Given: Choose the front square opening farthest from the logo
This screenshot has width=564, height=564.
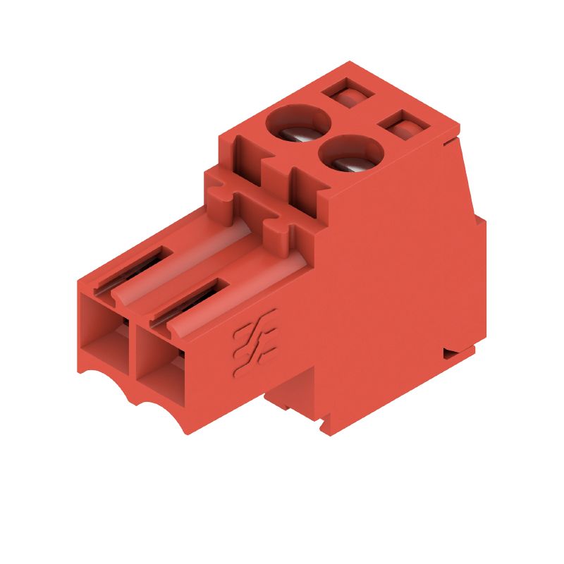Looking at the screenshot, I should tap(104, 334).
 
